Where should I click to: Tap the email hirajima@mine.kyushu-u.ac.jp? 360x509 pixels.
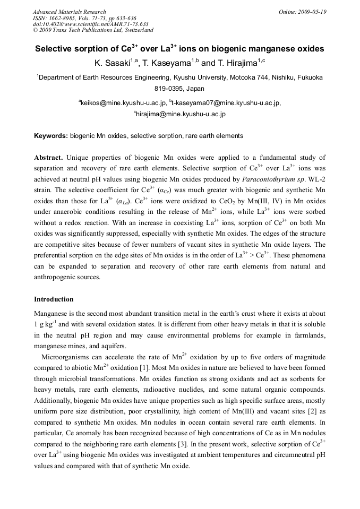[181, 114]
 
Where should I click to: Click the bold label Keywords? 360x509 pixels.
[51, 136]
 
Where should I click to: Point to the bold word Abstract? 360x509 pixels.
[49, 158]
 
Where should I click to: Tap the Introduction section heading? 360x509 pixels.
[54, 299]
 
